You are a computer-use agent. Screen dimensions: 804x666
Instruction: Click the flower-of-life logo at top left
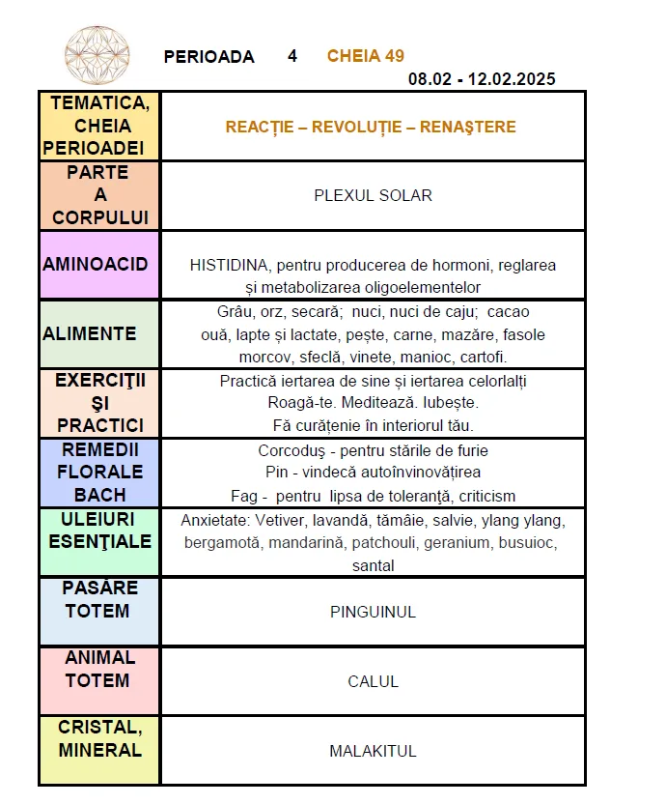[97, 54]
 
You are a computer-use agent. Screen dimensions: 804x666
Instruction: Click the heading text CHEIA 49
[365, 56]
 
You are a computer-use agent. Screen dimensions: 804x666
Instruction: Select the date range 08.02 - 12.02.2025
[482, 79]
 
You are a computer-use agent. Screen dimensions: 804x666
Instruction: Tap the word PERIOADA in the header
[209, 57]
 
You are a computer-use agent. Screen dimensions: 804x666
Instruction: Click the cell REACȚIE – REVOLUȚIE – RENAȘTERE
[371, 128]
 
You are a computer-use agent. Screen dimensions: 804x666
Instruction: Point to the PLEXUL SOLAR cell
[373, 195]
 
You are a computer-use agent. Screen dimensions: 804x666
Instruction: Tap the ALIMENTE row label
[90, 333]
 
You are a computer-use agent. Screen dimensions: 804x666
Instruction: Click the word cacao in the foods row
[509, 312]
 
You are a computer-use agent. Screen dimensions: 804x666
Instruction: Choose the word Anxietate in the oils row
[214, 520]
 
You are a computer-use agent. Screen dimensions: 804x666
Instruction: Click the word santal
[373, 566]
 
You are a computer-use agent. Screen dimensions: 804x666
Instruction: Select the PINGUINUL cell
[373, 612]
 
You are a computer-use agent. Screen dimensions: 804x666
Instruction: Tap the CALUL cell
[373, 681]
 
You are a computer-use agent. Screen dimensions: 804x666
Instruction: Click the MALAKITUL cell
[373, 751]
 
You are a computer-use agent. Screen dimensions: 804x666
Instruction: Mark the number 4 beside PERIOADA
[292, 56]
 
